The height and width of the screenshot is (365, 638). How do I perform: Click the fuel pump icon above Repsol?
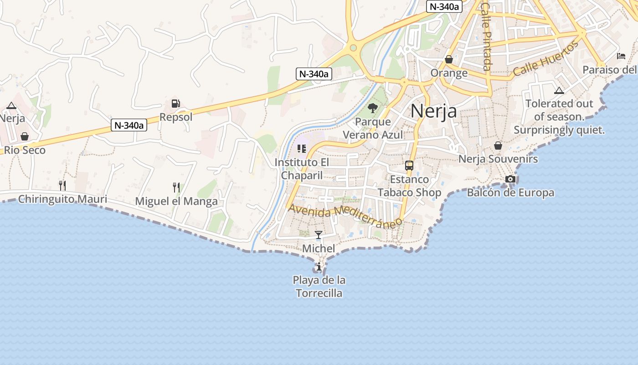point(176,104)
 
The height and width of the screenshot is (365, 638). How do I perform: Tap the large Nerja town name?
point(433,111)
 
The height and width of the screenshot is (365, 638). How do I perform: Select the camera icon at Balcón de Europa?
point(510,179)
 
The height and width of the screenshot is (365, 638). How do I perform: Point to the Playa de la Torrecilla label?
point(319,287)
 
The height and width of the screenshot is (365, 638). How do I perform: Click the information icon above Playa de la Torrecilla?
point(319,267)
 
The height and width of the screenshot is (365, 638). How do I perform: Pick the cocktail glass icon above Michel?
point(319,235)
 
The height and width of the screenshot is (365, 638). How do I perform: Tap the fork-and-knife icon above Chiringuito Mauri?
point(62,185)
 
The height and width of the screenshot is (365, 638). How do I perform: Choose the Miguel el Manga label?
point(176,201)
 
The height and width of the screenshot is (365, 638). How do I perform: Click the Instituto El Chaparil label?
point(302,169)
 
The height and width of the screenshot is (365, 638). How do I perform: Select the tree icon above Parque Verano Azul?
point(373,108)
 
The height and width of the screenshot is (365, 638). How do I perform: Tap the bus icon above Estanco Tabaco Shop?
point(409,166)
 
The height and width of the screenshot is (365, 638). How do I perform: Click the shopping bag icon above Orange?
point(449,59)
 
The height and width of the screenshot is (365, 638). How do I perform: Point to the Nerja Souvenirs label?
point(498,159)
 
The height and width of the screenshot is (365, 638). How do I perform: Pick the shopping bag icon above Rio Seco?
point(25,136)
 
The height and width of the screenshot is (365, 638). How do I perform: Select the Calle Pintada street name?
point(486,36)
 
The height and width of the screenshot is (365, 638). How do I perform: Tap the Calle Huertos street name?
point(545,58)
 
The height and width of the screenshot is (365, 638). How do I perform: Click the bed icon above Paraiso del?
point(621,56)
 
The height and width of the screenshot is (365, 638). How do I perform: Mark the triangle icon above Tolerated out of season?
point(559,90)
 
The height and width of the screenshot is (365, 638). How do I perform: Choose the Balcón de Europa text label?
point(510,193)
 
